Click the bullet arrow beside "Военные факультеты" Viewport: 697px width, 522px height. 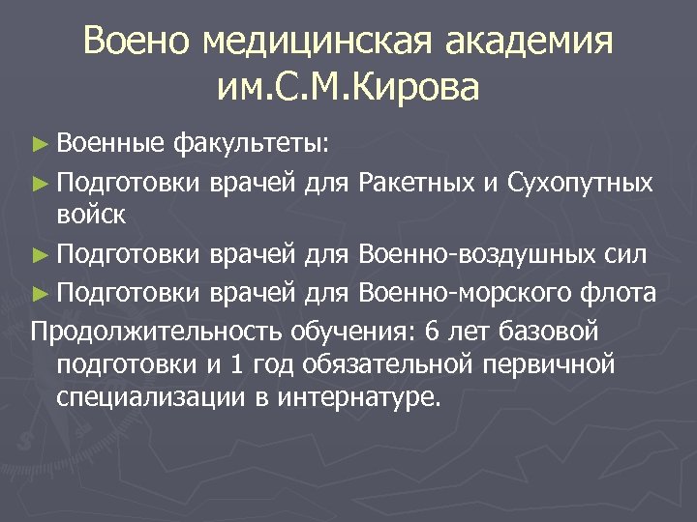point(39,145)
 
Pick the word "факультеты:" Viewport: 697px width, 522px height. point(252,145)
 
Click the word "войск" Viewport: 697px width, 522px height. point(91,215)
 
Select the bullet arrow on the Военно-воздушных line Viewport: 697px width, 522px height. point(39,255)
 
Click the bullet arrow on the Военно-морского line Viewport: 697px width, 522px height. point(39,292)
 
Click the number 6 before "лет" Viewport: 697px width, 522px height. point(432,332)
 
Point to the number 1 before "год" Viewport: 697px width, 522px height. point(237,364)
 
